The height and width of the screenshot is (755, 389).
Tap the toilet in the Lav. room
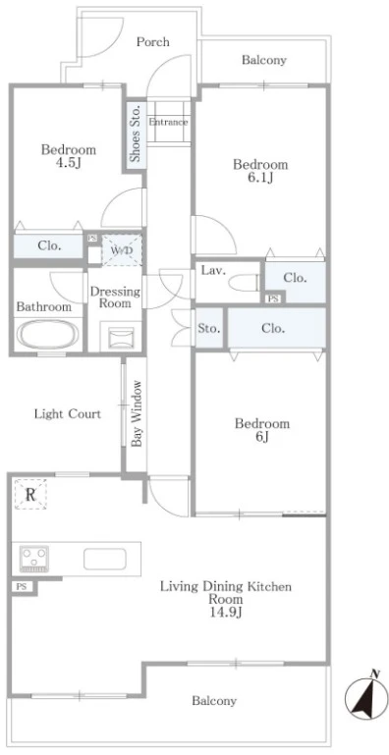click(245, 283)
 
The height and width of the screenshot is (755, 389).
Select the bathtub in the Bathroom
click(47, 334)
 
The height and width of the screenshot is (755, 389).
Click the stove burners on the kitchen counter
click(33, 559)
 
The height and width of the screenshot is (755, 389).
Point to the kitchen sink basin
click(104, 559)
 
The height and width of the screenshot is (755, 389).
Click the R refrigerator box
click(30, 494)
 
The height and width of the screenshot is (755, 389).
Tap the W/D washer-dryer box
click(122, 250)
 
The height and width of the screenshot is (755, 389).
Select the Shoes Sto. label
click(136, 133)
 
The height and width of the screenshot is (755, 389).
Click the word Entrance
click(168, 123)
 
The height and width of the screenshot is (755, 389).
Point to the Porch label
click(153, 42)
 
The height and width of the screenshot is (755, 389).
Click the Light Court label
click(68, 413)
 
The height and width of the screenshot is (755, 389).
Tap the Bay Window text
click(137, 413)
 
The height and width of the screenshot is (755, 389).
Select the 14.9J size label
click(226, 613)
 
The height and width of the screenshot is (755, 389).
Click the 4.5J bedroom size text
click(68, 162)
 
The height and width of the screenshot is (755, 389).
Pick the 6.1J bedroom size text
click(260, 178)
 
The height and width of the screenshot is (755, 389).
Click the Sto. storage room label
click(209, 329)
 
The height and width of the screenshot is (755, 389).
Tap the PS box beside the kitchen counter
click(22, 586)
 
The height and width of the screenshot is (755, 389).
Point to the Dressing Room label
click(116, 297)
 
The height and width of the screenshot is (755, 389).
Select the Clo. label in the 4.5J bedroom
click(50, 246)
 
